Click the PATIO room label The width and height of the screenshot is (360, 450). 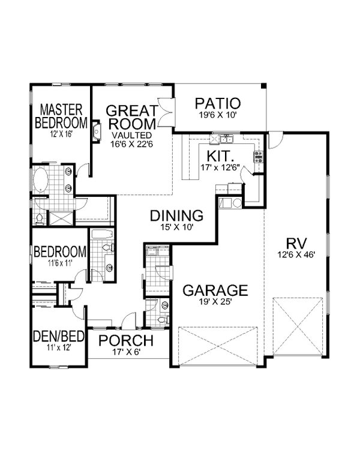[x=218, y=103]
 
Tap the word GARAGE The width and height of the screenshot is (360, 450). [x=215, y=291]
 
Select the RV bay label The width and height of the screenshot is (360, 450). [x=296, y=244]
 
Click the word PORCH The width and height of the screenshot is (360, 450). [x=126, y=341]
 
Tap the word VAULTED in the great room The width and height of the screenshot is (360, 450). [x=131, y=135]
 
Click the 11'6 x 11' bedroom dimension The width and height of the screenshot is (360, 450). [x=60, y=262]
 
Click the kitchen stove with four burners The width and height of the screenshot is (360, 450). [x=259, y=158]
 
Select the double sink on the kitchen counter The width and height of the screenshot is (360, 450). [x=227, y=140]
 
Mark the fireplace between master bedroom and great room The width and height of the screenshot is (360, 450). [x=95, y=132]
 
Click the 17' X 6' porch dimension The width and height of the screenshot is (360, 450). [x=127, y=353]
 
